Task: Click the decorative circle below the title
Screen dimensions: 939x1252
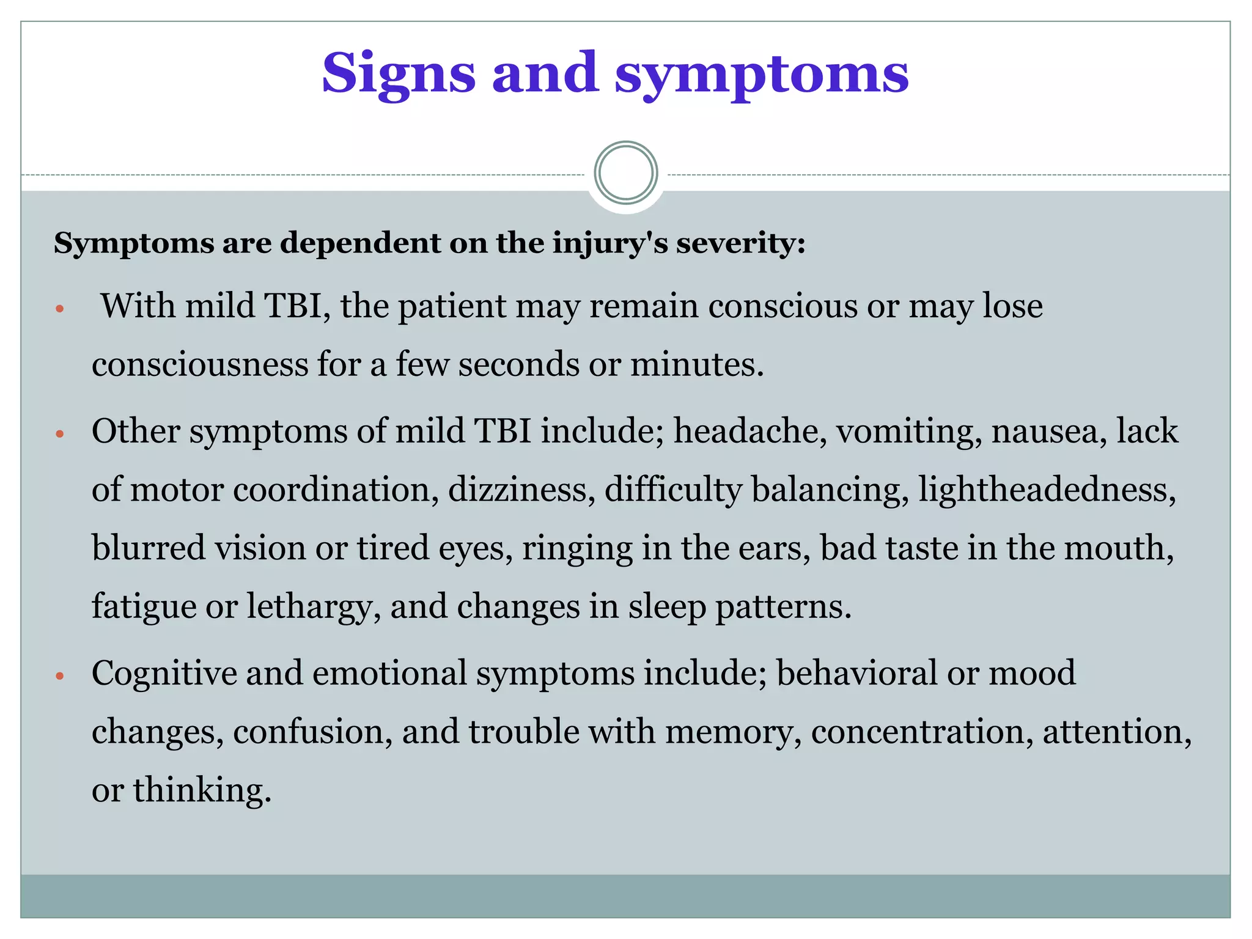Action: (625, 173)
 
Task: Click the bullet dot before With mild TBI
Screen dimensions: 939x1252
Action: (59, 309)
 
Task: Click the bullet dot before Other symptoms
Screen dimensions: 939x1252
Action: (59, 435)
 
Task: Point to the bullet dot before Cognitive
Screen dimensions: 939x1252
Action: (59, 676)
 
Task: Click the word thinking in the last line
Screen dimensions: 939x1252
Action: (202, 789)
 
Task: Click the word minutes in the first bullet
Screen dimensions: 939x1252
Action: (696, 364)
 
